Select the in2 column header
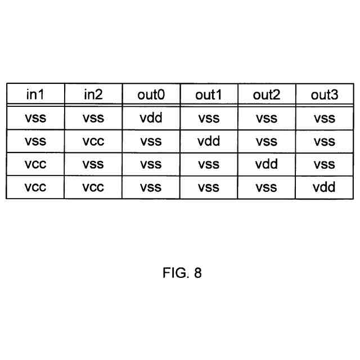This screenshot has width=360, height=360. tap(93, 94)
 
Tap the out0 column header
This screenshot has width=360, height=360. tap(151, 94)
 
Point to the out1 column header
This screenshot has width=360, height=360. tap(209, 94)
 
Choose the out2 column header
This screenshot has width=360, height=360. tap(266, 94)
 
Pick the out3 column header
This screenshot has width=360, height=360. tap(324, 94)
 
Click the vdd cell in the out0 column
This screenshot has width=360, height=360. tap(151, 118)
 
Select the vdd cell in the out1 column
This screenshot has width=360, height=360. tap(209, 141)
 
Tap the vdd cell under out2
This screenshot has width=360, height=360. tap(266, 164)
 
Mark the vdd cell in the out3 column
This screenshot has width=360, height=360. tap(324, 187)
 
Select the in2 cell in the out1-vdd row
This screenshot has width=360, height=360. tap(93, 141)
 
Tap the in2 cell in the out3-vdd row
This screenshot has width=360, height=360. tap(93, 187)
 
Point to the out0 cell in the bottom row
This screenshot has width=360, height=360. tap(151, 187)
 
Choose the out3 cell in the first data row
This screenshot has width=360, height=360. tap(324, 118)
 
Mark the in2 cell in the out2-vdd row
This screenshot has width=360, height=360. tap(93, 164)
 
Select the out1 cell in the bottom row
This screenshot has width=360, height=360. tap(209, 187)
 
